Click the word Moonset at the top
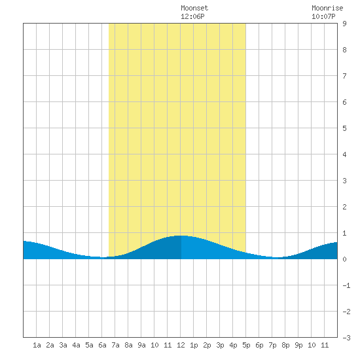point(194,8)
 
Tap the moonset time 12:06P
point(192,16)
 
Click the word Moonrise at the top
point(327,8)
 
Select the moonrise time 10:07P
point(323,16)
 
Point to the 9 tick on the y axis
point(344,24)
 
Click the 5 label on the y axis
point(344,128)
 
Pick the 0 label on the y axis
point(344,259)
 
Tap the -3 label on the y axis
point(346,338)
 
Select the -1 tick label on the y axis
point(346,285)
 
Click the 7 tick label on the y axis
point(344,76)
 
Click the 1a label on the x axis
point(37,345)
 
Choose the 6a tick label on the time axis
point(102,345)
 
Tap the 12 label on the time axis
point(181,345)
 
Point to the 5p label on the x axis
point(246,345)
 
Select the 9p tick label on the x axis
point(298,345)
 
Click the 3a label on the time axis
point(63,345)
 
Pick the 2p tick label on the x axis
point(207,345)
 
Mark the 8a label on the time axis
point(128,345)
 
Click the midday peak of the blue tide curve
point(181,236)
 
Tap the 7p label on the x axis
point(272,345)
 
